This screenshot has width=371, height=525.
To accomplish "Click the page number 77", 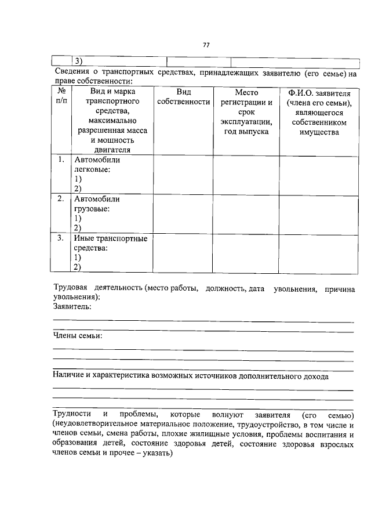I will [206, 45].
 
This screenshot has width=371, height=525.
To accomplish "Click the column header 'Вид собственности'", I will [183, 97].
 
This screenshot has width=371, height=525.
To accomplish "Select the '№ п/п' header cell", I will [61, 96].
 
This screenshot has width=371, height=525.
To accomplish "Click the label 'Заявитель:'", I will [72, 306].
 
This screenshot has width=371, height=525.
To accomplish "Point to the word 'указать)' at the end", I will [157, 455].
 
